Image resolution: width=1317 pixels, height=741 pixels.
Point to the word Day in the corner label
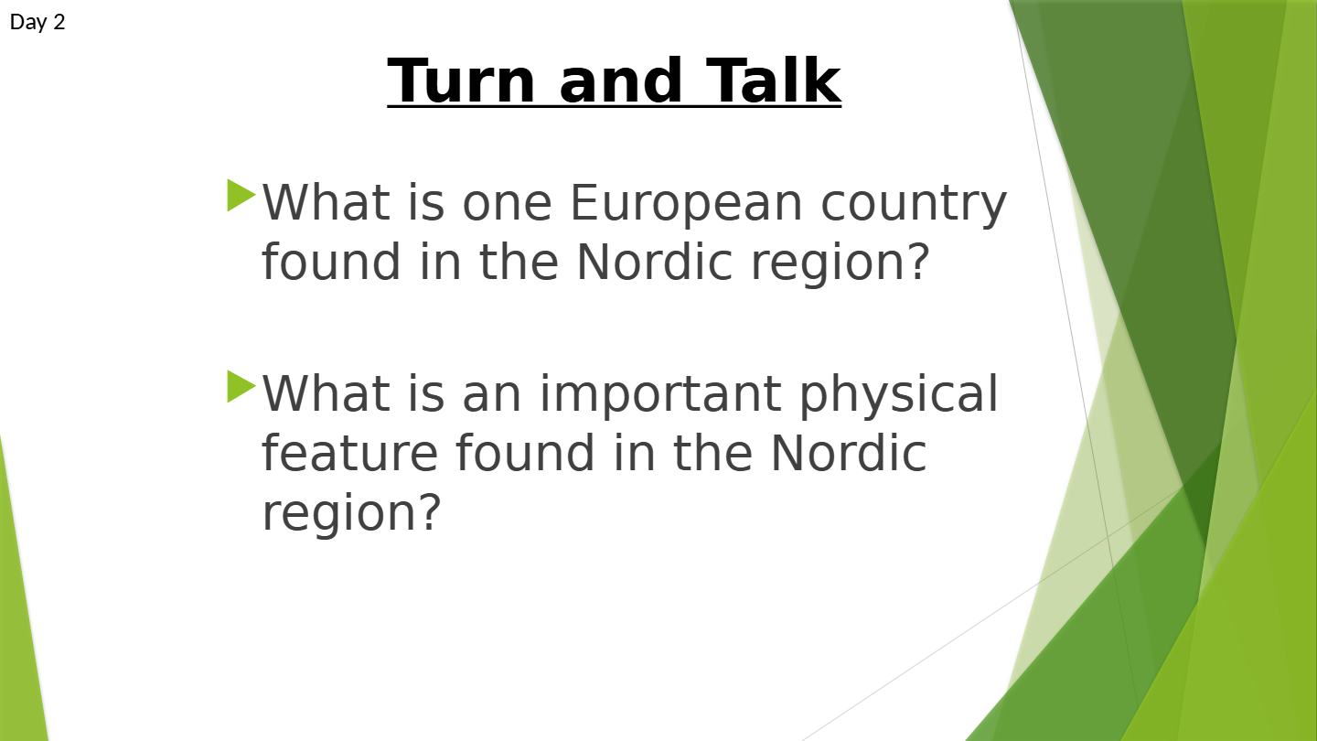[27, 22]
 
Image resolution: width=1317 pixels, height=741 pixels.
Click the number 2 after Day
[59, 22]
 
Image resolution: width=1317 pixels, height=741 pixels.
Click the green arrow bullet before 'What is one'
[241, 195]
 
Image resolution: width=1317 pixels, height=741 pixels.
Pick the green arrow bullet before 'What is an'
[241, 386]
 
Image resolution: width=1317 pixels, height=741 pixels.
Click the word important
[660, 395]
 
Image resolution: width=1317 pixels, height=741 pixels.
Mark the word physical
[898, 395]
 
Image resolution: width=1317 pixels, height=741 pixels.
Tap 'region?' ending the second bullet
[351, 513]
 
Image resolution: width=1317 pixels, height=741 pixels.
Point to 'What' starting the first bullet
[327, 202]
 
